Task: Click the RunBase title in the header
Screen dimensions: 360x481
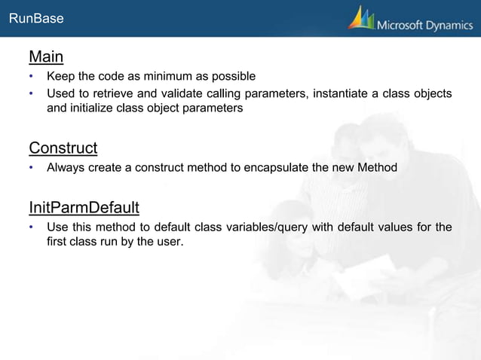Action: tap(36, 20)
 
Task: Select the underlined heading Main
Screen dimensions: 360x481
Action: tap(45, 57)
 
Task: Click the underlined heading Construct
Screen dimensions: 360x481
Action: tap(63, 147)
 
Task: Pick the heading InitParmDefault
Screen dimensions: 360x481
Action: tap(84, 207)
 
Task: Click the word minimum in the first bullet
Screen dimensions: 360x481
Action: tap(166, 76)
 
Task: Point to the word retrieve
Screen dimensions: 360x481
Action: tap(119, 93)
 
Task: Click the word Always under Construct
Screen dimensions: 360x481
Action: tap(66, 166)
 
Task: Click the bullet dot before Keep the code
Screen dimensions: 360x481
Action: tap(32, 77)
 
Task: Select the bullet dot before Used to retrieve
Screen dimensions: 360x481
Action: tap(32, 94)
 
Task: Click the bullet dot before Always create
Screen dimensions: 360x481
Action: tap(32, 167)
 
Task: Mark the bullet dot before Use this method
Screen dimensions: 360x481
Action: tap(32, 227)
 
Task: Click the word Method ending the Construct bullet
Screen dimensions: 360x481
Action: tap(376, 166)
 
